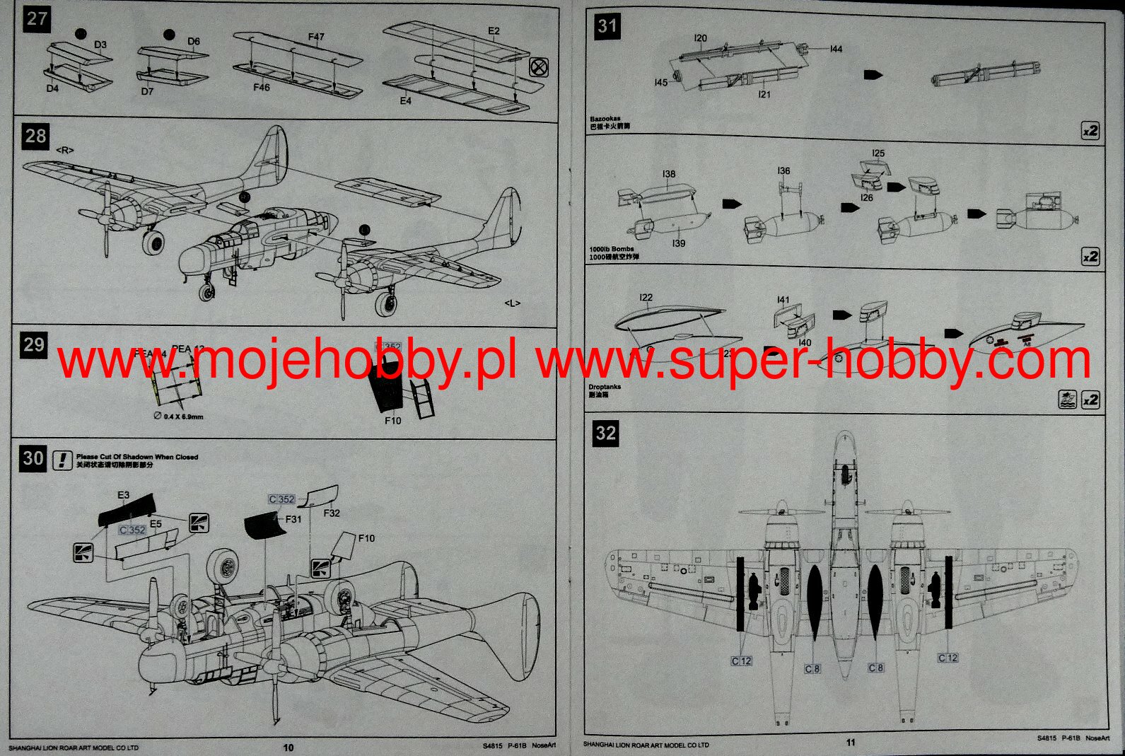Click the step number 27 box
tap(37, 18)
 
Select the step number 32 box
tap(606, 433)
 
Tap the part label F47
tap(316, 37)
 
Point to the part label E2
tap(494, 31)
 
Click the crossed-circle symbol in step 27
tap(539, 68)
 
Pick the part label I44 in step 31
tap(836, 49)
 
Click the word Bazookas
tap(605, 119)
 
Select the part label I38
tap(668, 173)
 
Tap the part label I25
tap(878, 153)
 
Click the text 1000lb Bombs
tap(612, 249)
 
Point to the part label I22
tap(646, 298)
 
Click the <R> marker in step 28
tap(65, 150)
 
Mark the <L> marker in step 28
tap(513, 303)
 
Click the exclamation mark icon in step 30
tap(63, 460)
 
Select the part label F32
tap(332, 513)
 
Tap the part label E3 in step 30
tap(124, 495)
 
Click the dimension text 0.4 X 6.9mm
tap(182, 417)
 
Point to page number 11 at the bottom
tap(851, 742)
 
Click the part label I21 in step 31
tap(764, 94)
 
